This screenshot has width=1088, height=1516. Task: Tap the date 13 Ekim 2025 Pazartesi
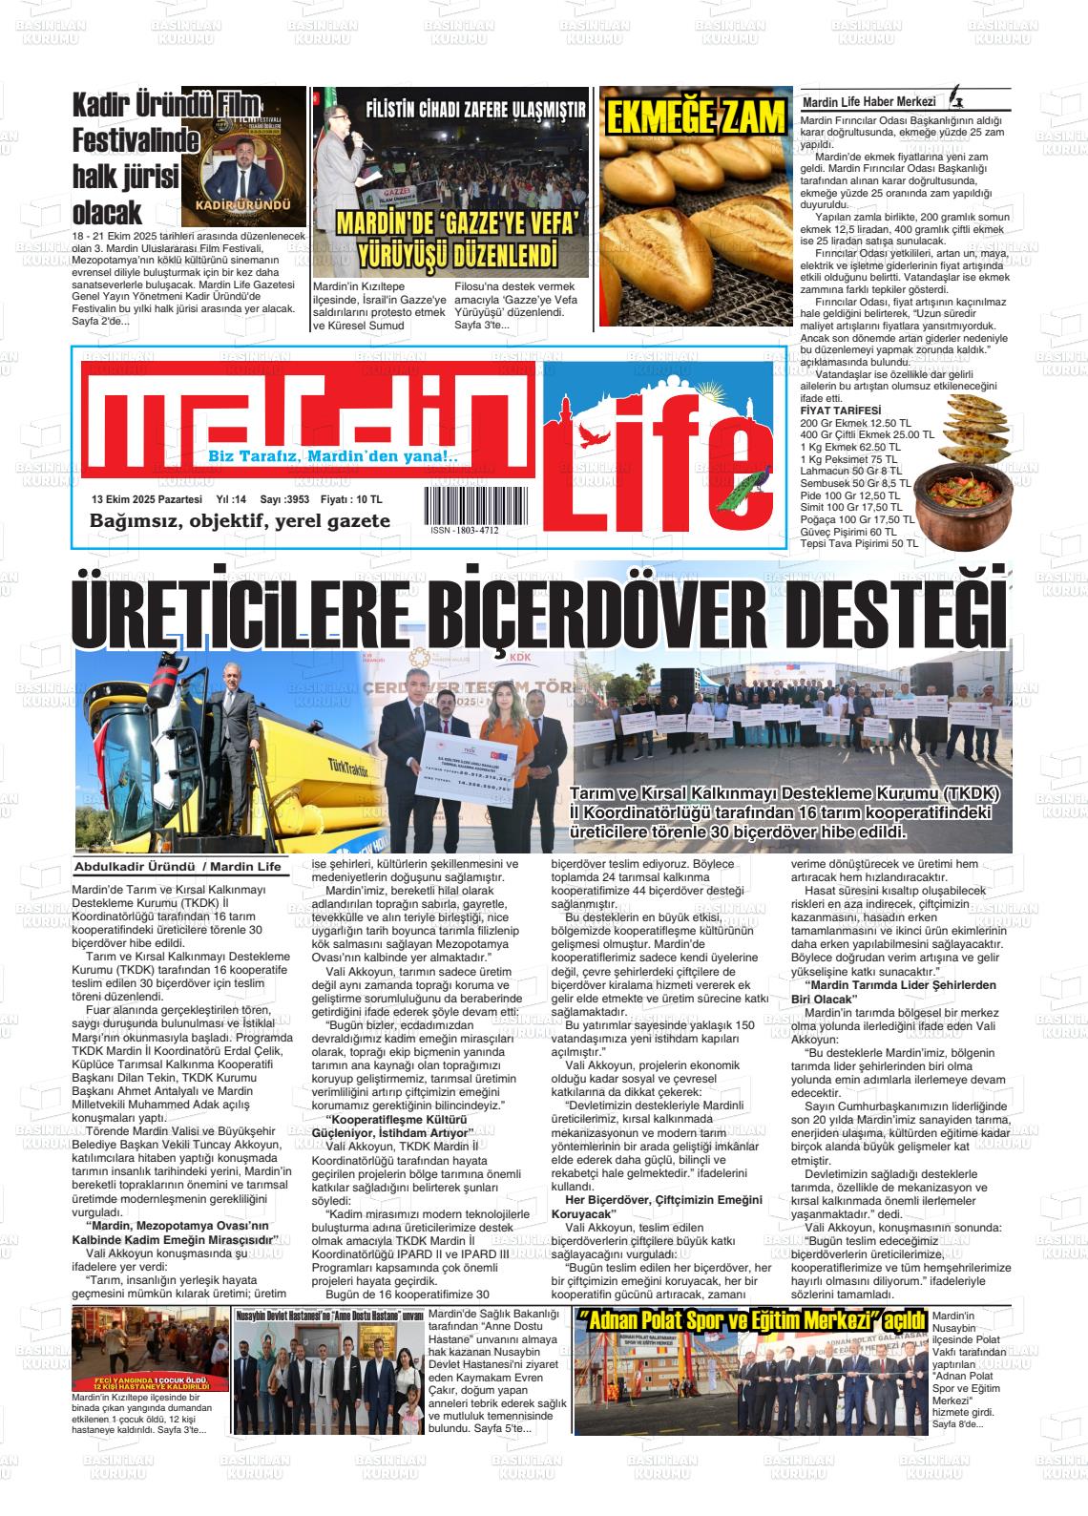click(147, 499)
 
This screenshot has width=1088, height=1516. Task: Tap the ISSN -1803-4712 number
click(464, 530)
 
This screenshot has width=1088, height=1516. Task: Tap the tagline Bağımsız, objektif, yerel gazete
click(240, 521)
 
